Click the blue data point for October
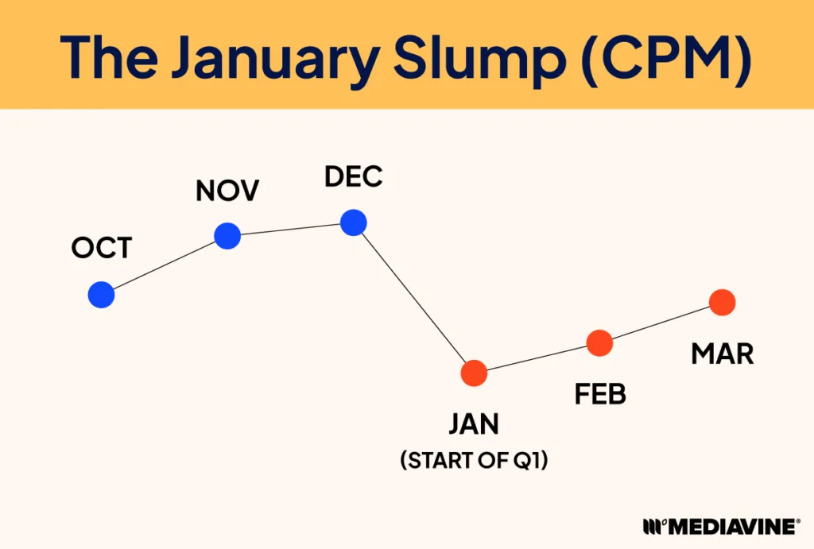coord(101,295)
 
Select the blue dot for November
coord(227,236)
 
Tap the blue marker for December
coord(354,222)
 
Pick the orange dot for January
coord(474,373)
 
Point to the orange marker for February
coord(599,343)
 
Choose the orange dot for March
coord(722,303)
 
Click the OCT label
coord(102,248)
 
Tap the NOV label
coord(227,191)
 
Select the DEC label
coord(354,176)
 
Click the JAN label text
coord(474,424)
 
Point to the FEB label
coord(600,394)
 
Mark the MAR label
coord(722,354)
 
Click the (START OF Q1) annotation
coord(474,460)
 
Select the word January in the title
coord(275,57)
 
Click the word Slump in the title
coord(479,57)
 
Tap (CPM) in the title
coord(666,56)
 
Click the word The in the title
coord(108,56)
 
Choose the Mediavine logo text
coord(722,526)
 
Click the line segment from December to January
coord(413,298)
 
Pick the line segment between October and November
coord(164,265)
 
